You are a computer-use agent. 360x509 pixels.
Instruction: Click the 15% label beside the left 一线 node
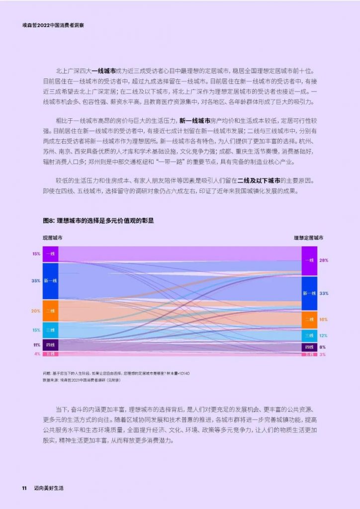36,254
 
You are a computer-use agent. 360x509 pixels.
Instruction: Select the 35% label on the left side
36,281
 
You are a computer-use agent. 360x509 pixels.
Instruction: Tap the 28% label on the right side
324,260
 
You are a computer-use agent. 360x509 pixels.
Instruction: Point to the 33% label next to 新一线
324,293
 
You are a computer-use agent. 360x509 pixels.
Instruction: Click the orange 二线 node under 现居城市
50,311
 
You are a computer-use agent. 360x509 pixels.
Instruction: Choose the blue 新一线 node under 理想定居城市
309,293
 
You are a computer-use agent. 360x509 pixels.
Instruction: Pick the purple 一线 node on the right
309,260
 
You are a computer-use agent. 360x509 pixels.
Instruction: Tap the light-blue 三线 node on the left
50,330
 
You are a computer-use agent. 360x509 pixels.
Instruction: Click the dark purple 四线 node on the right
309,347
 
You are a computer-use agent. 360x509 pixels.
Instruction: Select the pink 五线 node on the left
50,354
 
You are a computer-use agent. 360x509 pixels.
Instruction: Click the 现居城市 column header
53,238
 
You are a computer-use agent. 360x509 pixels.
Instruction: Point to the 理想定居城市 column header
308,238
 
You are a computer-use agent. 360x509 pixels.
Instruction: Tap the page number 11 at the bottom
23,488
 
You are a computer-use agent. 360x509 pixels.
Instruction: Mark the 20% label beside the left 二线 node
36,311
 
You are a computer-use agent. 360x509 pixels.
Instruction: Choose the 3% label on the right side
323,354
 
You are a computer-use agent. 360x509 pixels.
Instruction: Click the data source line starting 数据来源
82,380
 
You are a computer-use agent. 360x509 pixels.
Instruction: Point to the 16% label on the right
324,319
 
